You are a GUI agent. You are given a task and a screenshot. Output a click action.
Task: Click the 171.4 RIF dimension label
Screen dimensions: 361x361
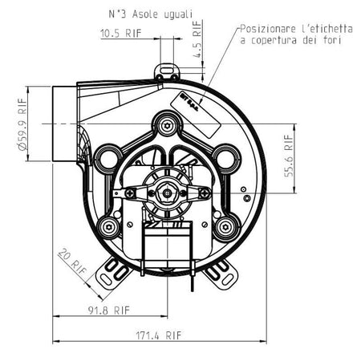[x=159, y=335]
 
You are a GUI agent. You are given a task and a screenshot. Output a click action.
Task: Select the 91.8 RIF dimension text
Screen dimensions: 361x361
[x=109, y=310]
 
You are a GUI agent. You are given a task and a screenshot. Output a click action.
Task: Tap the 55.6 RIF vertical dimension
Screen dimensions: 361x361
[x=289, y=156]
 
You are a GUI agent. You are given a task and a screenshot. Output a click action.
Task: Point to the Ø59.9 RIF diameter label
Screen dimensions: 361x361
[x=22, y=124]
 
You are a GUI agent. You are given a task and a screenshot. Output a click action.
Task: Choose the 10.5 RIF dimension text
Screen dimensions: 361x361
[x=120, y=34]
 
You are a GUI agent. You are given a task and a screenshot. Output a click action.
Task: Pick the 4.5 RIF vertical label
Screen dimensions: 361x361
[x=197, y=39]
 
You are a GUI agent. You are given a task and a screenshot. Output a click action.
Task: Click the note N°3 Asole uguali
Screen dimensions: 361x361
[x=151, y=14]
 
